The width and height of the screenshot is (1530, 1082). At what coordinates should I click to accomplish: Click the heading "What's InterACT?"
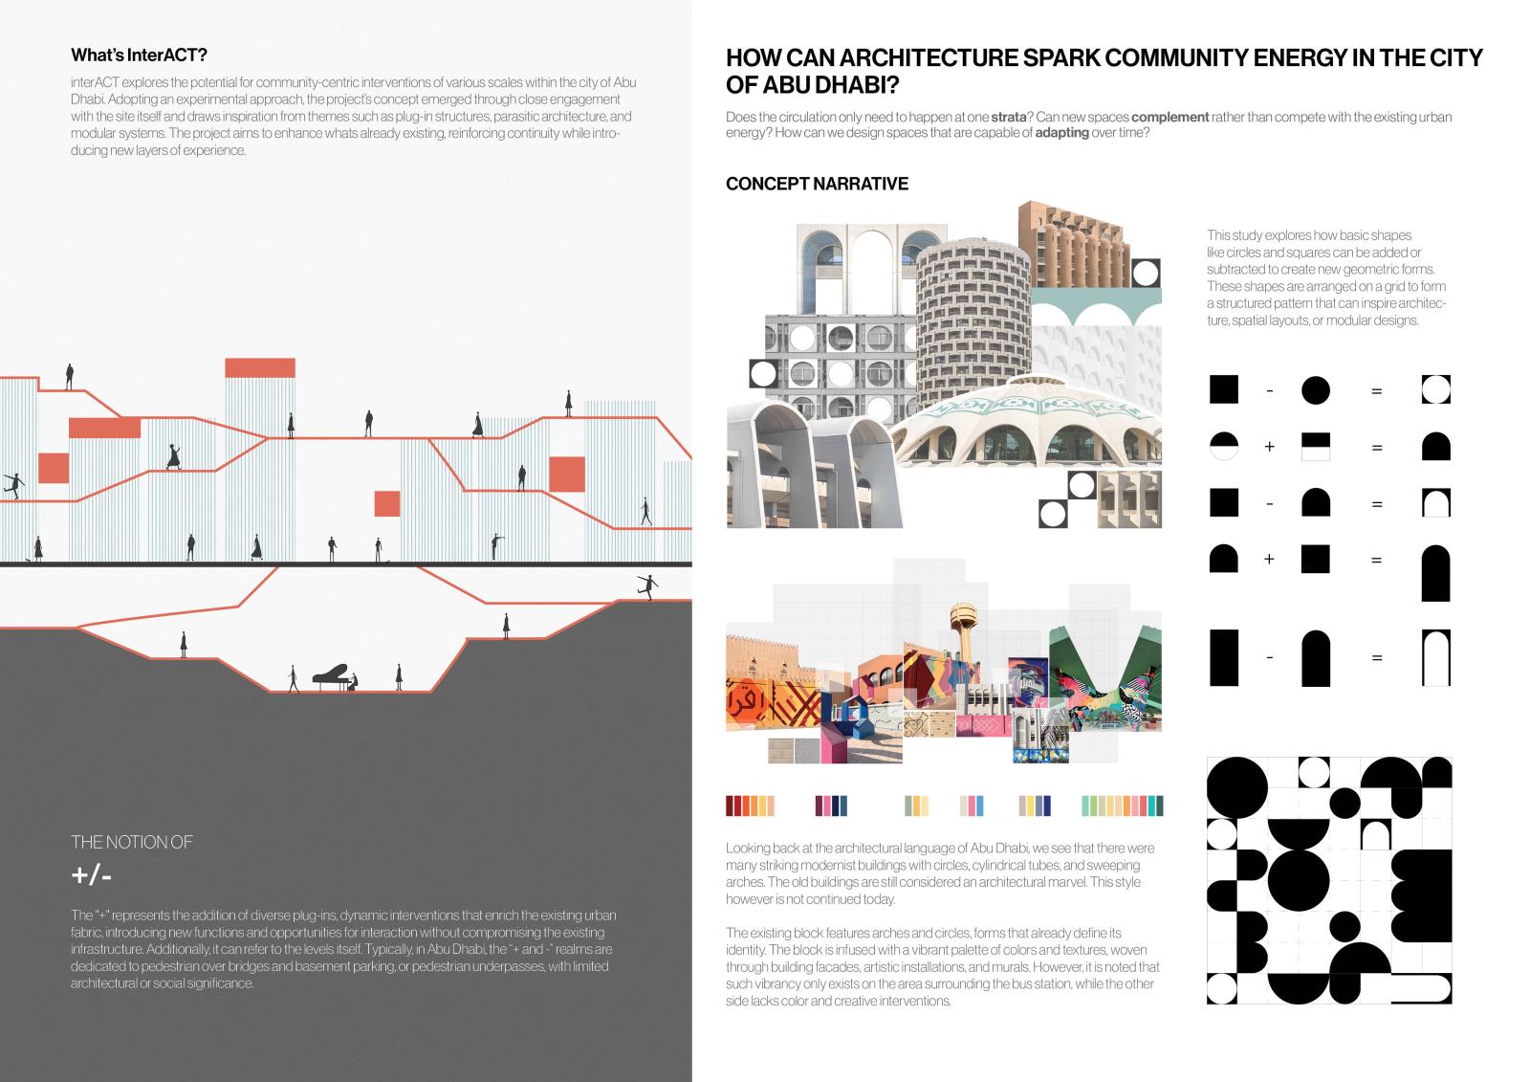[139, 55]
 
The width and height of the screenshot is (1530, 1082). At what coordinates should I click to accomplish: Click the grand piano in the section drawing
[330, 675]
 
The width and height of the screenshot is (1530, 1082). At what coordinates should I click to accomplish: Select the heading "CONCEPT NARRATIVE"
[817, 184]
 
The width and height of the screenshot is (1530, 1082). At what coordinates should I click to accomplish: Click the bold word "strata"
[1009, 117]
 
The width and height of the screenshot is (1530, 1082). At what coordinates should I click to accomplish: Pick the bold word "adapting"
[1061, 133]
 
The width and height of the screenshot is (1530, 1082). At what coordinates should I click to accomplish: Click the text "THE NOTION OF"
[132, 842]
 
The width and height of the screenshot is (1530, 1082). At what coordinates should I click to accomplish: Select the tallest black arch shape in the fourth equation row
[1435, 573]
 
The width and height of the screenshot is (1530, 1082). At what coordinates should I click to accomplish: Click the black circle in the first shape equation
[1316, 390]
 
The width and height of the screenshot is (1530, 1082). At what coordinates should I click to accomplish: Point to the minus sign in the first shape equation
[1269, 390]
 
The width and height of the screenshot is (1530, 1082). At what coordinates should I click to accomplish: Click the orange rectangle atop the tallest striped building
[260, 367]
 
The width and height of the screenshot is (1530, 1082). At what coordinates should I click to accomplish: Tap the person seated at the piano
[355, 682]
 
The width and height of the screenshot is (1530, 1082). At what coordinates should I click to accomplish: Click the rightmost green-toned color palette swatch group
[1122, 806]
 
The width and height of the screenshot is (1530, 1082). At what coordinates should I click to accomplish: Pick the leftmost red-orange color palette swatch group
[750, 806]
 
